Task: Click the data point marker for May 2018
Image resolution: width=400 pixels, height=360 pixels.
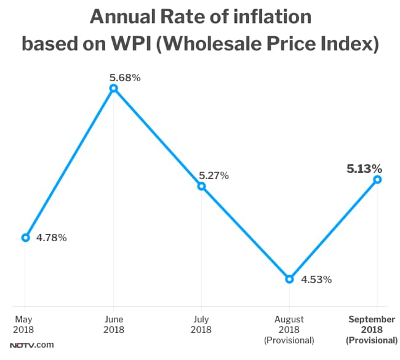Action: [x=25, y=238]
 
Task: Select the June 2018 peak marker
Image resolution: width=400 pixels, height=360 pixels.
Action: [x=113, y=89]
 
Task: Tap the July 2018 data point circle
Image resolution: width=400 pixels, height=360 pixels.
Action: [x=201, y=186]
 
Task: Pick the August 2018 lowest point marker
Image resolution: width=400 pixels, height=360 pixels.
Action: [x=289, y=279]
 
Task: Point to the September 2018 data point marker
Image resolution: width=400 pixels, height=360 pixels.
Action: [x=377, y=180]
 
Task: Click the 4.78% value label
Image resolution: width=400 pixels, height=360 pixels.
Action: [x=52, y=238]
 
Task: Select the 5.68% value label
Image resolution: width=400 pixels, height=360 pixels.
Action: [x=126, y=78]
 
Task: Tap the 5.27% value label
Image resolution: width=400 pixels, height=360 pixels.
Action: [x=214, y=176]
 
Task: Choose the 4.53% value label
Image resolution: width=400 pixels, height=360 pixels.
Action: [x=316, y=280]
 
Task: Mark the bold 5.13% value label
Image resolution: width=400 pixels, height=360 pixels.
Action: [x=364, y=167]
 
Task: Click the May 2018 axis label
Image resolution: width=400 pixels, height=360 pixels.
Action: [x=25, y=324]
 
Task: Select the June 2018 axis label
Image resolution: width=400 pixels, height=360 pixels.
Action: [x=113, y=324]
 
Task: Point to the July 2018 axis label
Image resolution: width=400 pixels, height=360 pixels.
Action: [x=201, y=324]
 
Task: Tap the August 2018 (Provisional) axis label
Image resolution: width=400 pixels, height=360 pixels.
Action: [x=289, y=329]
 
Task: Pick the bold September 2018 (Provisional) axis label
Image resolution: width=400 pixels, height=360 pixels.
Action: [x=372, y=329]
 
